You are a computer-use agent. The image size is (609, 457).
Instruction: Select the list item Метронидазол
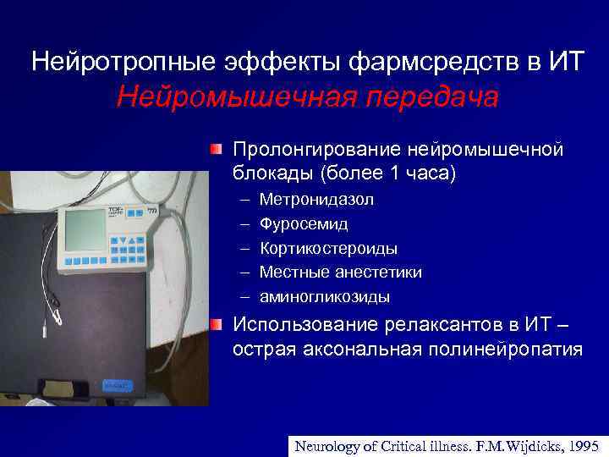[x=317, y=200]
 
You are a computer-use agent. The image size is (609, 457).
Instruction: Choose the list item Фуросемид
[x=304, y=224]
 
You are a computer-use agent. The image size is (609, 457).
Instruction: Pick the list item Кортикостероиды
[x=329, y=249]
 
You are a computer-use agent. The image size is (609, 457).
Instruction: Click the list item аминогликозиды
[x=325, y=297]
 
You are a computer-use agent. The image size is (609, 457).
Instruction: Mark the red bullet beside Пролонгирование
[x=217, y=150]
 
